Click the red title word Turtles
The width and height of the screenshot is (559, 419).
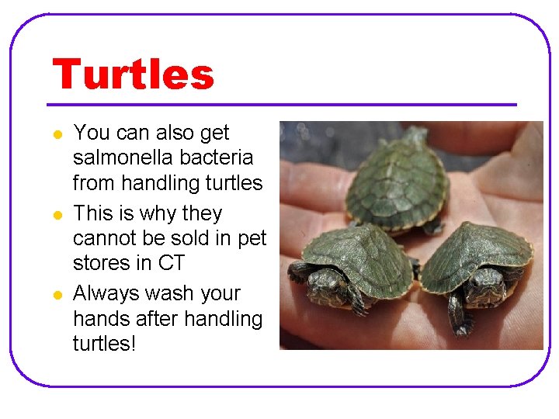click(x=133, y=74)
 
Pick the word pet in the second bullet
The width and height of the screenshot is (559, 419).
click(x=252, y=238)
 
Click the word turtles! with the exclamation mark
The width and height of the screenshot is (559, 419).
click(x=104, y=343)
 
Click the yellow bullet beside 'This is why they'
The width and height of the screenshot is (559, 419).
click(x=57, y=215)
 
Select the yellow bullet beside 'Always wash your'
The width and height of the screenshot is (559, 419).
click(x=57, y=296)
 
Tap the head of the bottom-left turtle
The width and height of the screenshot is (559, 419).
click(x=324, y=287)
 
